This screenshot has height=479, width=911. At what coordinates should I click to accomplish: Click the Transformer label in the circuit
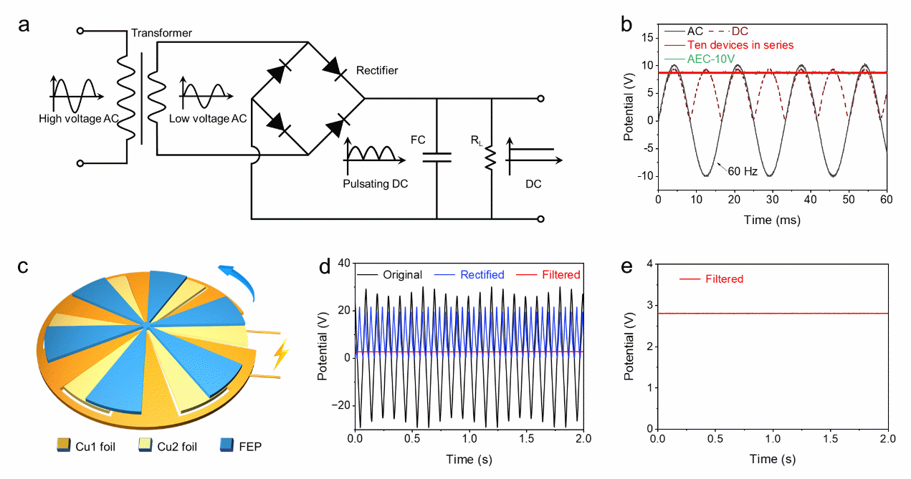pyautogui.click(x=162, y=34)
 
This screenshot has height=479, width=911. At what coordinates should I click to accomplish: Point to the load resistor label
pyautogui.click(x=476, y=141)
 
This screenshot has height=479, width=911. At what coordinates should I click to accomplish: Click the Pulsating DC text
pyautogui.click(x=376, y=184)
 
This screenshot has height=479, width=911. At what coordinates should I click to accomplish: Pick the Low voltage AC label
pyautogui.click(x=208, y=119)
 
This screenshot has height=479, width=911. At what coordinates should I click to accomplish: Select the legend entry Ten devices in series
pyautogui.click(x=742, y=45)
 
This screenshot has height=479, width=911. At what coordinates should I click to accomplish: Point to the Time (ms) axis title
pyautogui.click(x=771, y=220)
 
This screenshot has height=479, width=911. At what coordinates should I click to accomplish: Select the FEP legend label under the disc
pyautogui.click(x=251, y=447)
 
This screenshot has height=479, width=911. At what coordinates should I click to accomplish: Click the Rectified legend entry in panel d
pyautogui.click(x=483, y=274)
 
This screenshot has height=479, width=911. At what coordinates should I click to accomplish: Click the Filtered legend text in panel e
pyautogui.click(x=724, y=279)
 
